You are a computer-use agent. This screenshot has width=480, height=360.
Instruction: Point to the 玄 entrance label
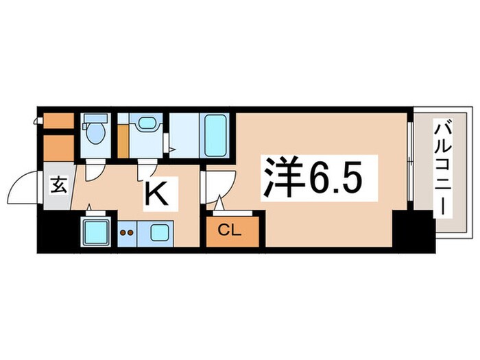58,185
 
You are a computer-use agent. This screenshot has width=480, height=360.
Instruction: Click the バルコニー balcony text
442,168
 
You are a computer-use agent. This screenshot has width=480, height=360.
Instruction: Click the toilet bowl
95,133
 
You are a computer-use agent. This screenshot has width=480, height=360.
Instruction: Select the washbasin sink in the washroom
145,123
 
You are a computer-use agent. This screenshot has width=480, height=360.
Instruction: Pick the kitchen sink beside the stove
160,232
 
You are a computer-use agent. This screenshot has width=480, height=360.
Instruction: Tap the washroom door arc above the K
147,169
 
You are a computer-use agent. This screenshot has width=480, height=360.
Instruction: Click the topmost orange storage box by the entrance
58,120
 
